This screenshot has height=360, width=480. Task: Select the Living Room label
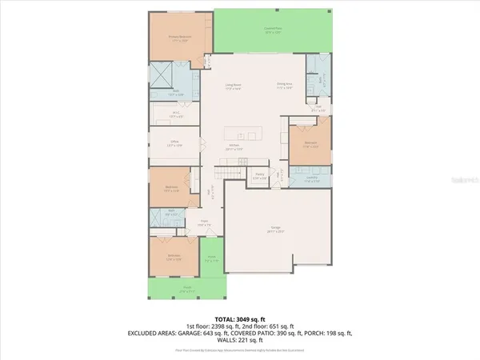point(232,86)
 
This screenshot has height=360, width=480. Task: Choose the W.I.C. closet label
point(176,115)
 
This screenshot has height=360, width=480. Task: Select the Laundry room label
point(310,179)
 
